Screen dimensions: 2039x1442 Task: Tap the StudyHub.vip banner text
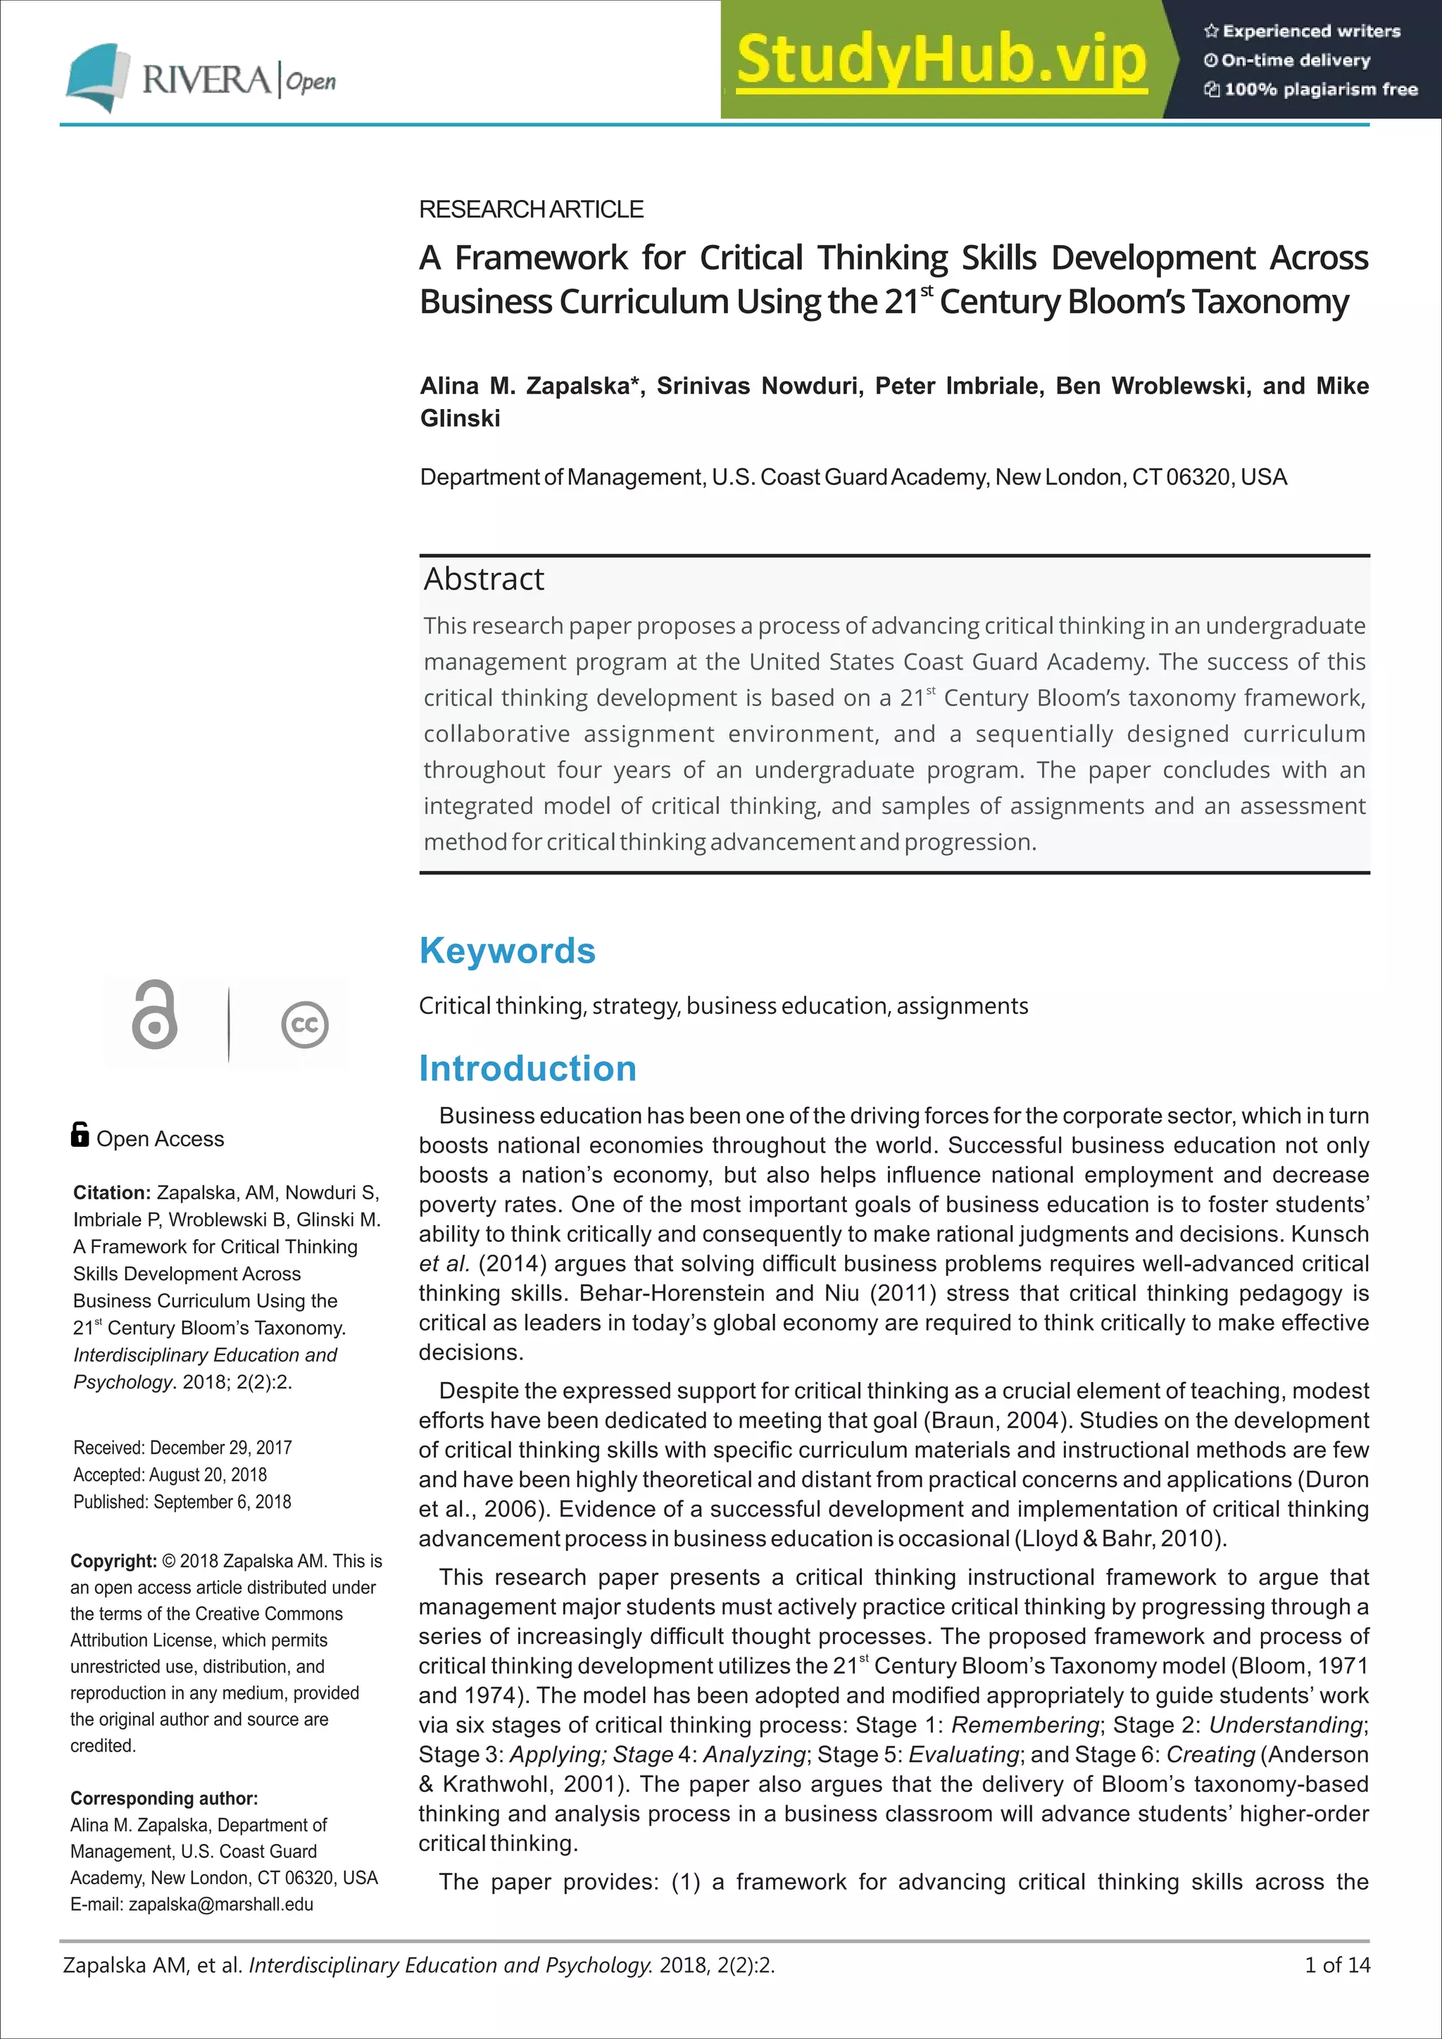click(x=941, y=61)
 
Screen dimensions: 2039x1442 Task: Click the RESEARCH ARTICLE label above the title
click(x=531, y=210)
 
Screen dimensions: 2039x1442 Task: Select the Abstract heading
click(x=484, y=579)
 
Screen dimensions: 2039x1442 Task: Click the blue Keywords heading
click(x=507, y=951)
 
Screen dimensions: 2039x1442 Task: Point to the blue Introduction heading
click(x=527, y=1068)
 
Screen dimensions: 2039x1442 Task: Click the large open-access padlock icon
click(x=154, y=1015)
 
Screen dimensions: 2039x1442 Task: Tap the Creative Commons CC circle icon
click(x=305, y=1025)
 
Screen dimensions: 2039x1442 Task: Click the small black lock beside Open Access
click(x=80, y=1135)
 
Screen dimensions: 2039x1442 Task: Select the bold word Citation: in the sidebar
click(x=112, y=1193)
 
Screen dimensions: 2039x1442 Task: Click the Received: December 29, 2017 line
click(x=182, y=1448)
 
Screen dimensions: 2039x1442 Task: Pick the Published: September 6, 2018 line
click(x=182, y=1502)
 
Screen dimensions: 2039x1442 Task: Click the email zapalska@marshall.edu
click(x=220, y=1904)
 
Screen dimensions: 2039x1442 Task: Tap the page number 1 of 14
click(x=1336, y=1965)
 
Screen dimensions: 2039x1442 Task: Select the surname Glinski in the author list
click(x=460, y=418)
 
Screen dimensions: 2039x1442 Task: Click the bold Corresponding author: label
click(x=164, y=1798)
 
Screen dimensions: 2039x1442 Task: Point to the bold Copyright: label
click(x=113, y=1561)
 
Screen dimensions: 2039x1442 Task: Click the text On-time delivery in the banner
click(x=1295, y=61)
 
